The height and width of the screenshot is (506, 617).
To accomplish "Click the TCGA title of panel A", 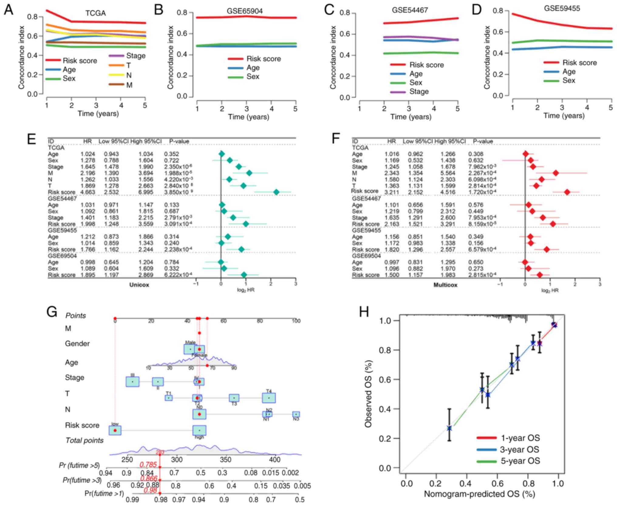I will [x=95, y=13].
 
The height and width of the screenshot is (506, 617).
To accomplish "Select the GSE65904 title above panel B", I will [x=245, y=11].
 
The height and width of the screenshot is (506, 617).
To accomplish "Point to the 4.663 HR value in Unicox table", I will [x=88, y=192].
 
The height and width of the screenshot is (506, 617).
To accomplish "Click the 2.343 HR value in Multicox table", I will [x=391, y=173].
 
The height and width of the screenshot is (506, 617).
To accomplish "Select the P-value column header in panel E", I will [x=179, y=141].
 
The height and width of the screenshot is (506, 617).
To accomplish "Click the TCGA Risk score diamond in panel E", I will [x=276, y=192].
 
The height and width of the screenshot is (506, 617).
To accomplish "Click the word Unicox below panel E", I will [x=139, y=285].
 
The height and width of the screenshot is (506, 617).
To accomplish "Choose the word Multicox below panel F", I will [x=445, y=285].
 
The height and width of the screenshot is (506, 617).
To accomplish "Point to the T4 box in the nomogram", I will [x=269, y=398].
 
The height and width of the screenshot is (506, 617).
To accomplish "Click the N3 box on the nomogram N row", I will [x=296, y=414].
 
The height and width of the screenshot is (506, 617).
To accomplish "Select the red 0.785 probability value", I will [x=148, y=465].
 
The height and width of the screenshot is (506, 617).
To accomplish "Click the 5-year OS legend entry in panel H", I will [x=520, y=461].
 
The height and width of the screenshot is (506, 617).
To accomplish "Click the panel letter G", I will [x=52, y=312].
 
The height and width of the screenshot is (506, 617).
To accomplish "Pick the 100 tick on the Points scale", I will [x=296, y=321].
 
